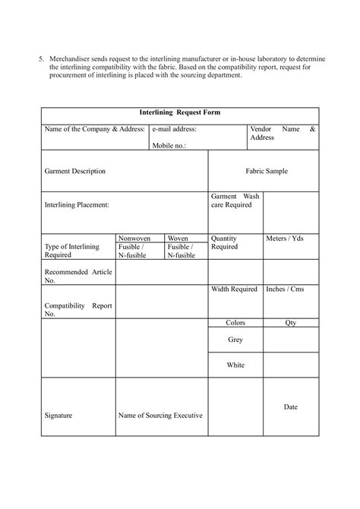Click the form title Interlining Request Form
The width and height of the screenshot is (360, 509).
[180, 112]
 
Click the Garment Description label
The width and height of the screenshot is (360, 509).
[75, 172]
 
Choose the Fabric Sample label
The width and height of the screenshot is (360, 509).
[266, 172]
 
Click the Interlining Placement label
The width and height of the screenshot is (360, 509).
[77, 204]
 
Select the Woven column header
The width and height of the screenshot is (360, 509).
[178, 238]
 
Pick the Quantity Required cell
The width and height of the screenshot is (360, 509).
[225, 242]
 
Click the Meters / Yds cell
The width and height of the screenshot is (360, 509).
[286, 239]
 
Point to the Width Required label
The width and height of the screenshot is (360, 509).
[234, 289]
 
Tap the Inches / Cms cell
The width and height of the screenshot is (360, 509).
[286, 289]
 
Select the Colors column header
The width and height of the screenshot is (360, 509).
[235, 323]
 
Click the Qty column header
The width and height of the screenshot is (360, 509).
[291, 323]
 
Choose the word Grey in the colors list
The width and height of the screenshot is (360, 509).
[235, 340]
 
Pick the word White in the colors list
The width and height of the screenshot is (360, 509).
[235, 365]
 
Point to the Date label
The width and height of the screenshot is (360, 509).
[291, 407]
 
